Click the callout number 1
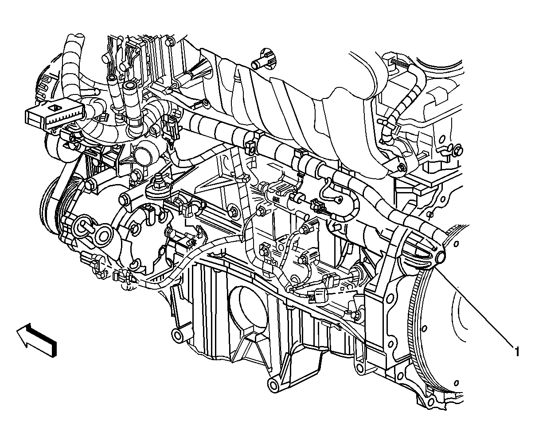tap(516, 351)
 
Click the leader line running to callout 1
tap(474, 306)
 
